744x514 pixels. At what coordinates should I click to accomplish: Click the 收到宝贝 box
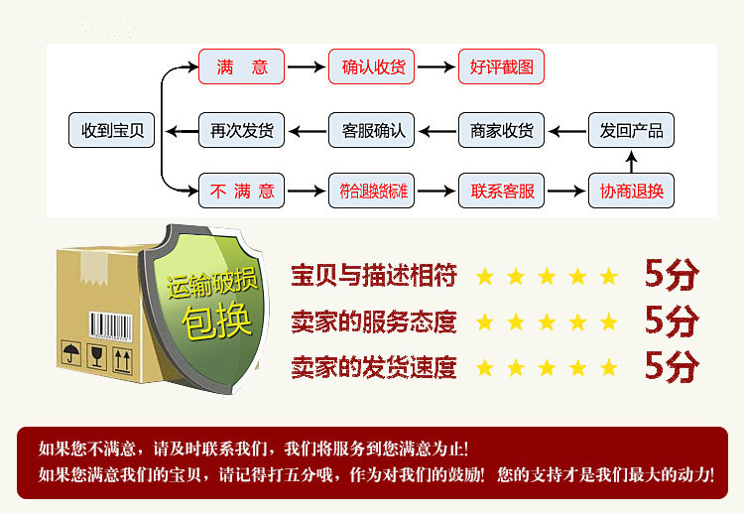(111, 130)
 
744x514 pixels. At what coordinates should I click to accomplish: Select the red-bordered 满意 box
(241, 66)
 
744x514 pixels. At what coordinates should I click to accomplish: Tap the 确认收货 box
(372, 66)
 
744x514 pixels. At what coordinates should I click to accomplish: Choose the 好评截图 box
(501, 66)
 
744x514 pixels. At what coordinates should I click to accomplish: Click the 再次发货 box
(241, 130)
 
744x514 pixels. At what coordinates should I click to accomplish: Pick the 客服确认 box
(372, 130)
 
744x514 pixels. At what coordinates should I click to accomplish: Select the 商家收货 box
(501, 130)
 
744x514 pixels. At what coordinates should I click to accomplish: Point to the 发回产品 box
(631, 130)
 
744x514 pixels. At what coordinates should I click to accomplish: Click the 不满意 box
(241, 191)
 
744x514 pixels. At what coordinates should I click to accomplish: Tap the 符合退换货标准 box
(372, 191)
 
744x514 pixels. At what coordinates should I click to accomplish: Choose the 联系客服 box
(501, 191)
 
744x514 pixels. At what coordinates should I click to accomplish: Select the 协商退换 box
(631, 191)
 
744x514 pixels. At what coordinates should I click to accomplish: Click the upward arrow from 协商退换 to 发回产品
(631, 162)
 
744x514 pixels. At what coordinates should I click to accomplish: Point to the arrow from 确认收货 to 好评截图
(436, 66)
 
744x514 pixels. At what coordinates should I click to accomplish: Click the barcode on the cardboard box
(111, 326)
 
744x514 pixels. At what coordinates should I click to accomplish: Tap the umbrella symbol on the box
(71, 353)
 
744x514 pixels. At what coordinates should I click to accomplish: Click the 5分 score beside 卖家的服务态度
(672, 321)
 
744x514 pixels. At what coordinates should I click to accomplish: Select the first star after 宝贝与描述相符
(485, 276)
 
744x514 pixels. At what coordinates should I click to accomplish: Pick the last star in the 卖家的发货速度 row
(609, 368)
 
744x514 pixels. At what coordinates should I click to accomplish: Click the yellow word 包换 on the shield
(217, 321)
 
